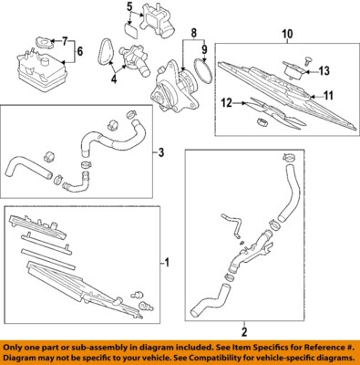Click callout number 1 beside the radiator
click(x=167, y=264)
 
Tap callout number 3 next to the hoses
click(x=162, y=151)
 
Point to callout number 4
click(x=114, y=79)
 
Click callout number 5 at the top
click(x=129, y=7)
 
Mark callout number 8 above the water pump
click(x=191, y=33)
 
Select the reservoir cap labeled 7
click(x=42, y=40)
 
